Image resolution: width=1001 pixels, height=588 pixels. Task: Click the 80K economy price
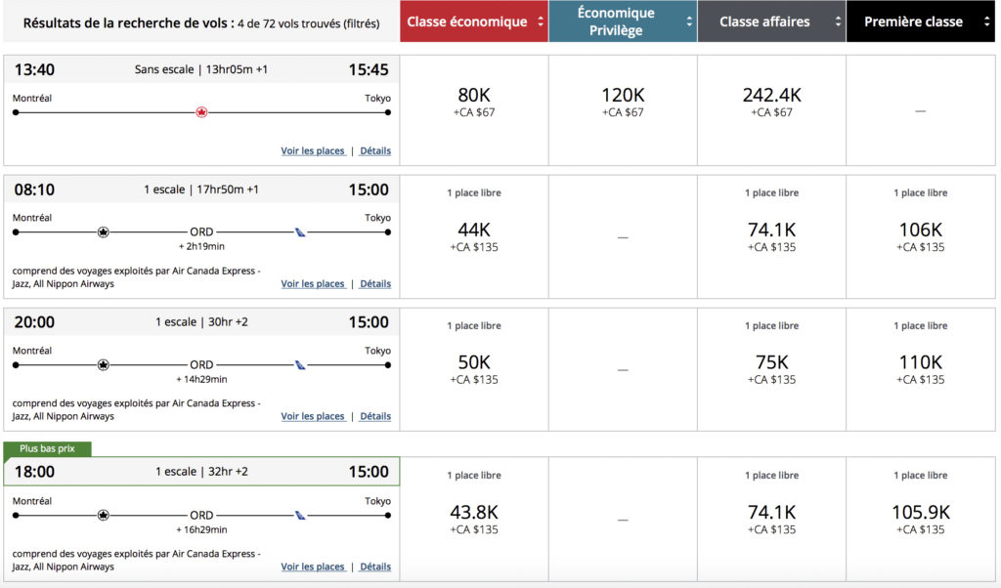coord(474,96)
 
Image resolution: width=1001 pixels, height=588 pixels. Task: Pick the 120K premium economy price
coord(623,96)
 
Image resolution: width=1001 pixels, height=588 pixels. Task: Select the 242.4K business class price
coord(771,96)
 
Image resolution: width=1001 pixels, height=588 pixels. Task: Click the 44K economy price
coord(474,231)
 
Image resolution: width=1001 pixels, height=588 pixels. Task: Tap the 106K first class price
coord(920,231)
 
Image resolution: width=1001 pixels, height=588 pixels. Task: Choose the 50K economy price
coord(474,362)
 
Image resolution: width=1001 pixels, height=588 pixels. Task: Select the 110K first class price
coord(920,362)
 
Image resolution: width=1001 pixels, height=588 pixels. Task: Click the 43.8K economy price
coord(474,512)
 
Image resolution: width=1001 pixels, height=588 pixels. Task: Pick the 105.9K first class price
coord(920,512)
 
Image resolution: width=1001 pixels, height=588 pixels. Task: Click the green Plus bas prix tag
coord(48,448)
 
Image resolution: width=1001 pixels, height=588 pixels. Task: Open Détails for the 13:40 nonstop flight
coord(375,151)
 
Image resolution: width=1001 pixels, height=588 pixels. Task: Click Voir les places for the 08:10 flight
coord(313,284)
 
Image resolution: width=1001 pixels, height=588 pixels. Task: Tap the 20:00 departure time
coord(34,322)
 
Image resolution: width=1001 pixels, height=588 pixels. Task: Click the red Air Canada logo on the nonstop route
coord(202,112)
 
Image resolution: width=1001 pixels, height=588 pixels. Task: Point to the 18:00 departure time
coord(34,472)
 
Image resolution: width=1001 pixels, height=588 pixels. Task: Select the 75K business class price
coord(771,362)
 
